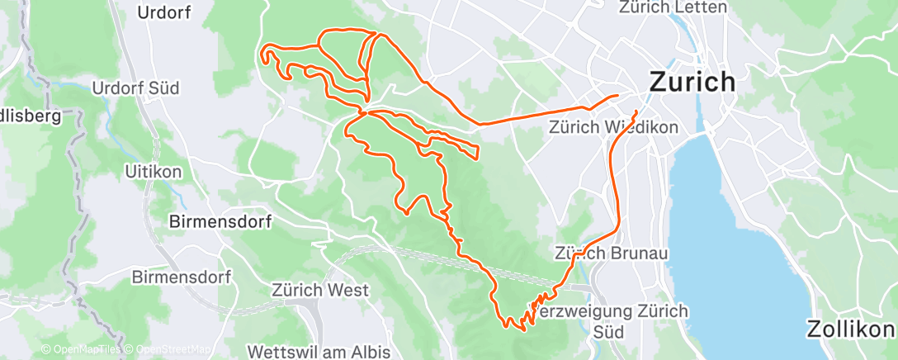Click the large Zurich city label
692,82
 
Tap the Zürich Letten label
673,7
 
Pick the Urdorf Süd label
135,88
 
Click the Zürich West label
319,291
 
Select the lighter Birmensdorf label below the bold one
182,277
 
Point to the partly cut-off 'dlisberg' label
30,116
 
